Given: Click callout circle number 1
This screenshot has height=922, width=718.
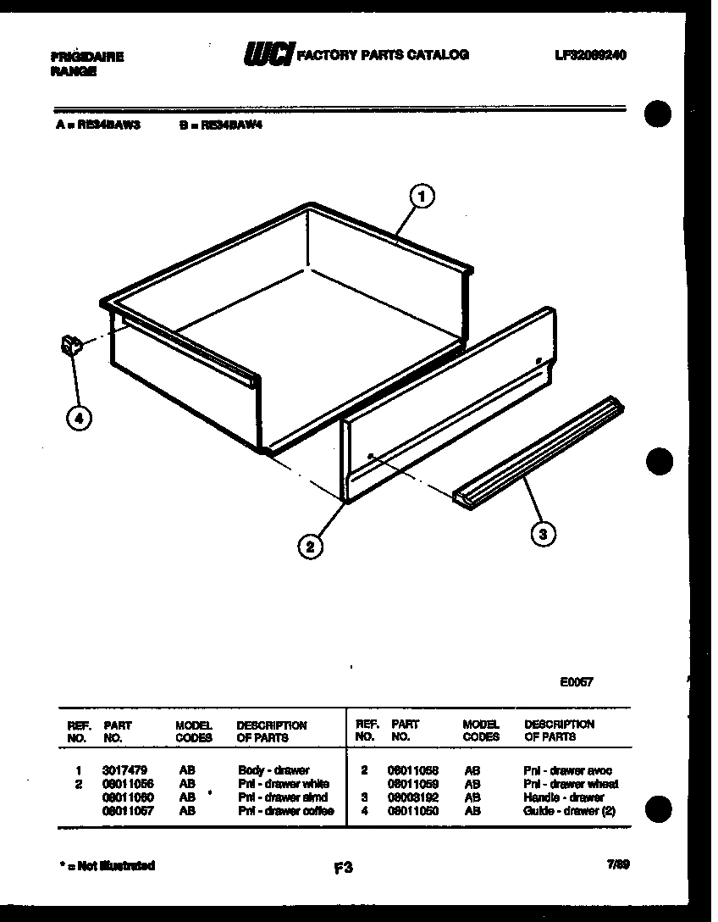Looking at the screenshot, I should tap(422, 197).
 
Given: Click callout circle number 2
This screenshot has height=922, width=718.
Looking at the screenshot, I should tap(311, 547).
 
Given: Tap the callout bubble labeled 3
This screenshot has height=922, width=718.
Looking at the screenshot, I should tap(543, 533).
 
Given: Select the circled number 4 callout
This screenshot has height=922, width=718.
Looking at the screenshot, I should tap(79, 418).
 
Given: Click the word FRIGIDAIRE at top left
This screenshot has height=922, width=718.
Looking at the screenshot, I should tap(87, 58).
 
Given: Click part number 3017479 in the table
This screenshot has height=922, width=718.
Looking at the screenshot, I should tap(124, 771).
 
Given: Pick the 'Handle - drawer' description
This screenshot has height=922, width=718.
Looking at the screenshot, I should tap(563, 797).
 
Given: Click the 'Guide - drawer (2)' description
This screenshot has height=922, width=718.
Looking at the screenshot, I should tap(569, 811).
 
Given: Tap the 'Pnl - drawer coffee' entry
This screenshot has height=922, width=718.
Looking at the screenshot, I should tap(285, 811).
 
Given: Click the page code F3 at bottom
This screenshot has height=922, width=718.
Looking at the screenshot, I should tap(343, 867).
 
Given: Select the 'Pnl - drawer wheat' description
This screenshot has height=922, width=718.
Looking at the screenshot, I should tap(571, 785).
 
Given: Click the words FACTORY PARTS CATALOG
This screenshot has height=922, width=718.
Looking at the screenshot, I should tap(383, 55).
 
